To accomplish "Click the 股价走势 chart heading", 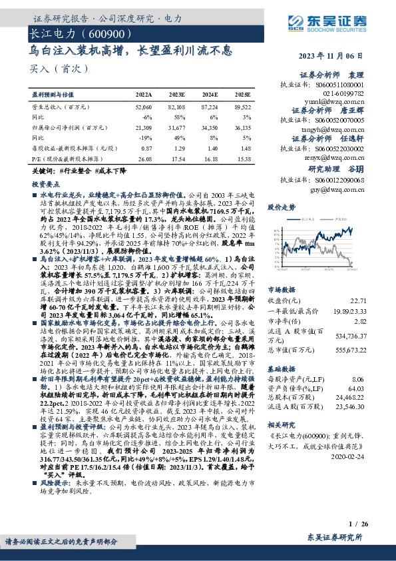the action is tap(281, 208).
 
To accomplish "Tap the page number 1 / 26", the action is tap(357, 525).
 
